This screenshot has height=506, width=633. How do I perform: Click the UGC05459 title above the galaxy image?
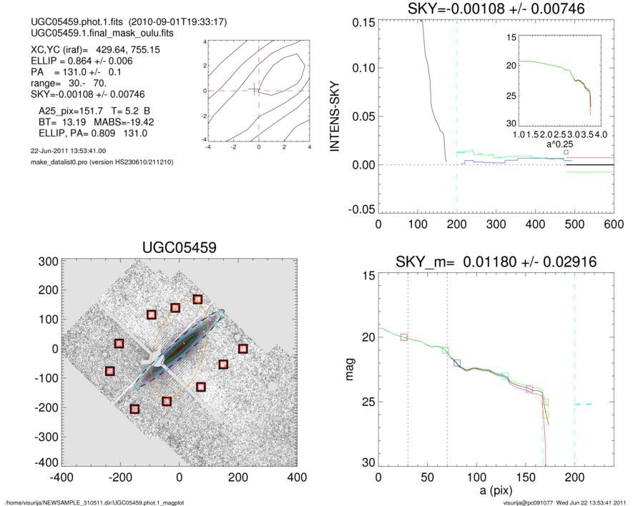coord(179,247)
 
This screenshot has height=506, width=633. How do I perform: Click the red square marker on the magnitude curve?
coord(404,337)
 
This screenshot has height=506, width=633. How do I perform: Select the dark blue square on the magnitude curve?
coord(457,364)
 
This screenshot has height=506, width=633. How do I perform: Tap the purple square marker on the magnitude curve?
coord(529,389)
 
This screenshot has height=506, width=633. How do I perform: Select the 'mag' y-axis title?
coord(350,369)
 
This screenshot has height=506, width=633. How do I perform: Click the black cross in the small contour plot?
coord(255,89)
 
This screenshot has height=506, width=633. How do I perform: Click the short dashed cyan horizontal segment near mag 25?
coord(583,405)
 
